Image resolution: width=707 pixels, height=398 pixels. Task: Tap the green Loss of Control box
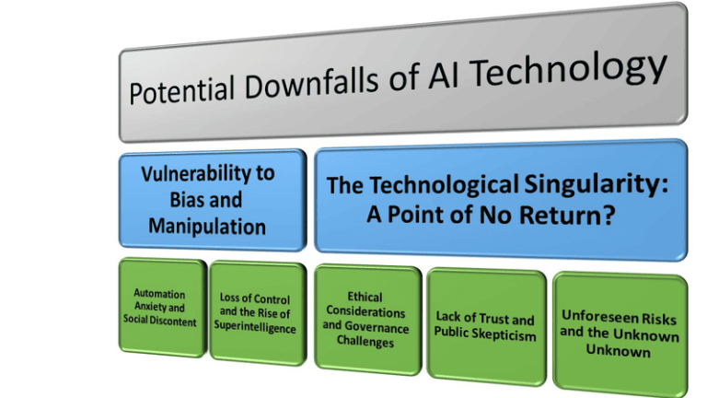click(x=255, y=312)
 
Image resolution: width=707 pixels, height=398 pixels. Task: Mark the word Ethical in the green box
click(x=365, y=298)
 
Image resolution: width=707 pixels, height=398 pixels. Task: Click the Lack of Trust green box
click(x=485, y=324)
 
